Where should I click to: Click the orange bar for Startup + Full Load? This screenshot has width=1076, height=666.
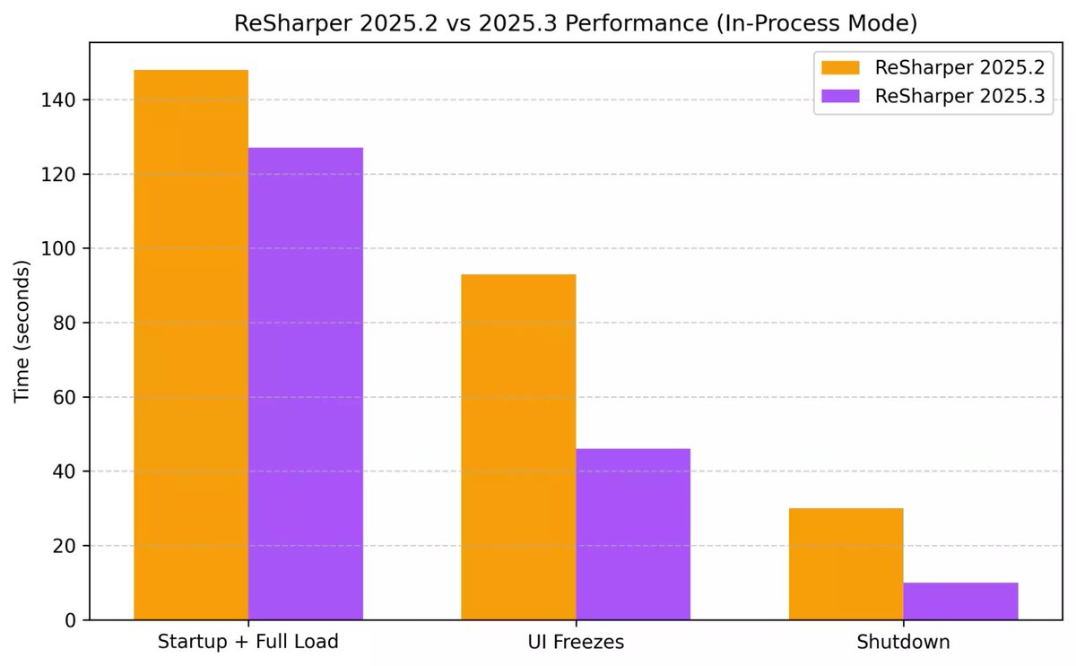[x=191, y=345]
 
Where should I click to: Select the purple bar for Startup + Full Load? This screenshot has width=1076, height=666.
[x=306, y=384]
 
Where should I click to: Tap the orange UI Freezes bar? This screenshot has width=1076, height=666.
[x=518, y=447]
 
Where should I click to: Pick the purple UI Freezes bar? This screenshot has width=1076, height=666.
[x=633, y=534]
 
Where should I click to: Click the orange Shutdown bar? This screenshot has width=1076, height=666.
[x=846, y=564]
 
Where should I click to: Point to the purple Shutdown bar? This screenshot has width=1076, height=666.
[x=960, y=601]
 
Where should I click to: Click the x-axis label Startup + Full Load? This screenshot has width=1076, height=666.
[x=248, y=643]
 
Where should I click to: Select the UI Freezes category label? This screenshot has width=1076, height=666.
[x=576, y=643]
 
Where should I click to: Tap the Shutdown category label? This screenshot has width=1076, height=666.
[x=903, y=643]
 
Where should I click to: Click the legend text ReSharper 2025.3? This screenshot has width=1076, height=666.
[x=959, y=97]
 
